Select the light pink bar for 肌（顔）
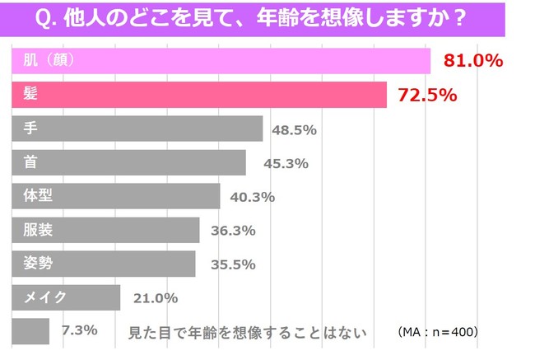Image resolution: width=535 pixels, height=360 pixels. click(x=221, y=61)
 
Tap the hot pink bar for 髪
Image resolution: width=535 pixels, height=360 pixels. click(x=199, y=95)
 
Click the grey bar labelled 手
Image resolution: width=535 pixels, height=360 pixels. click(x=137, y=129)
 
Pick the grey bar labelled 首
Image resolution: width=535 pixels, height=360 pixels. click(x=128, y=162)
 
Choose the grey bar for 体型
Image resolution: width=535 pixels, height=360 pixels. click(x=116, y=196)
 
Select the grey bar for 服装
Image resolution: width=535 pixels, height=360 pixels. click(x=105, y=230)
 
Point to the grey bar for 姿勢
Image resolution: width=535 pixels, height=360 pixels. click(x=104, y=264)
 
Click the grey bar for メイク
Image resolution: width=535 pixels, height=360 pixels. click(x=66, y=297)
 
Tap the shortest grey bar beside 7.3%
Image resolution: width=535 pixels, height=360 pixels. click(x=30, y=331)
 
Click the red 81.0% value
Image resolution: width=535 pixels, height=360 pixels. click(x=472, y=61)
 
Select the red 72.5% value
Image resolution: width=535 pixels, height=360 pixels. click(x=426, y=95)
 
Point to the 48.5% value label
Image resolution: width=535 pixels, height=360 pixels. click(x=295, y=129)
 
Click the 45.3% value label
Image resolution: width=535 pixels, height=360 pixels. click(x=286, y=163)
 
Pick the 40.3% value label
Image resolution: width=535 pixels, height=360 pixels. click(x=252, y=197)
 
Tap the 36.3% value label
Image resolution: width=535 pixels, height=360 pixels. click(x=233, y=231)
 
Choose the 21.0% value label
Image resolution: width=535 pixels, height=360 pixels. click(x=155, y=298)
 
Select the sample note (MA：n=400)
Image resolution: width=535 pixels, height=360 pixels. click(x=437, y=332)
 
